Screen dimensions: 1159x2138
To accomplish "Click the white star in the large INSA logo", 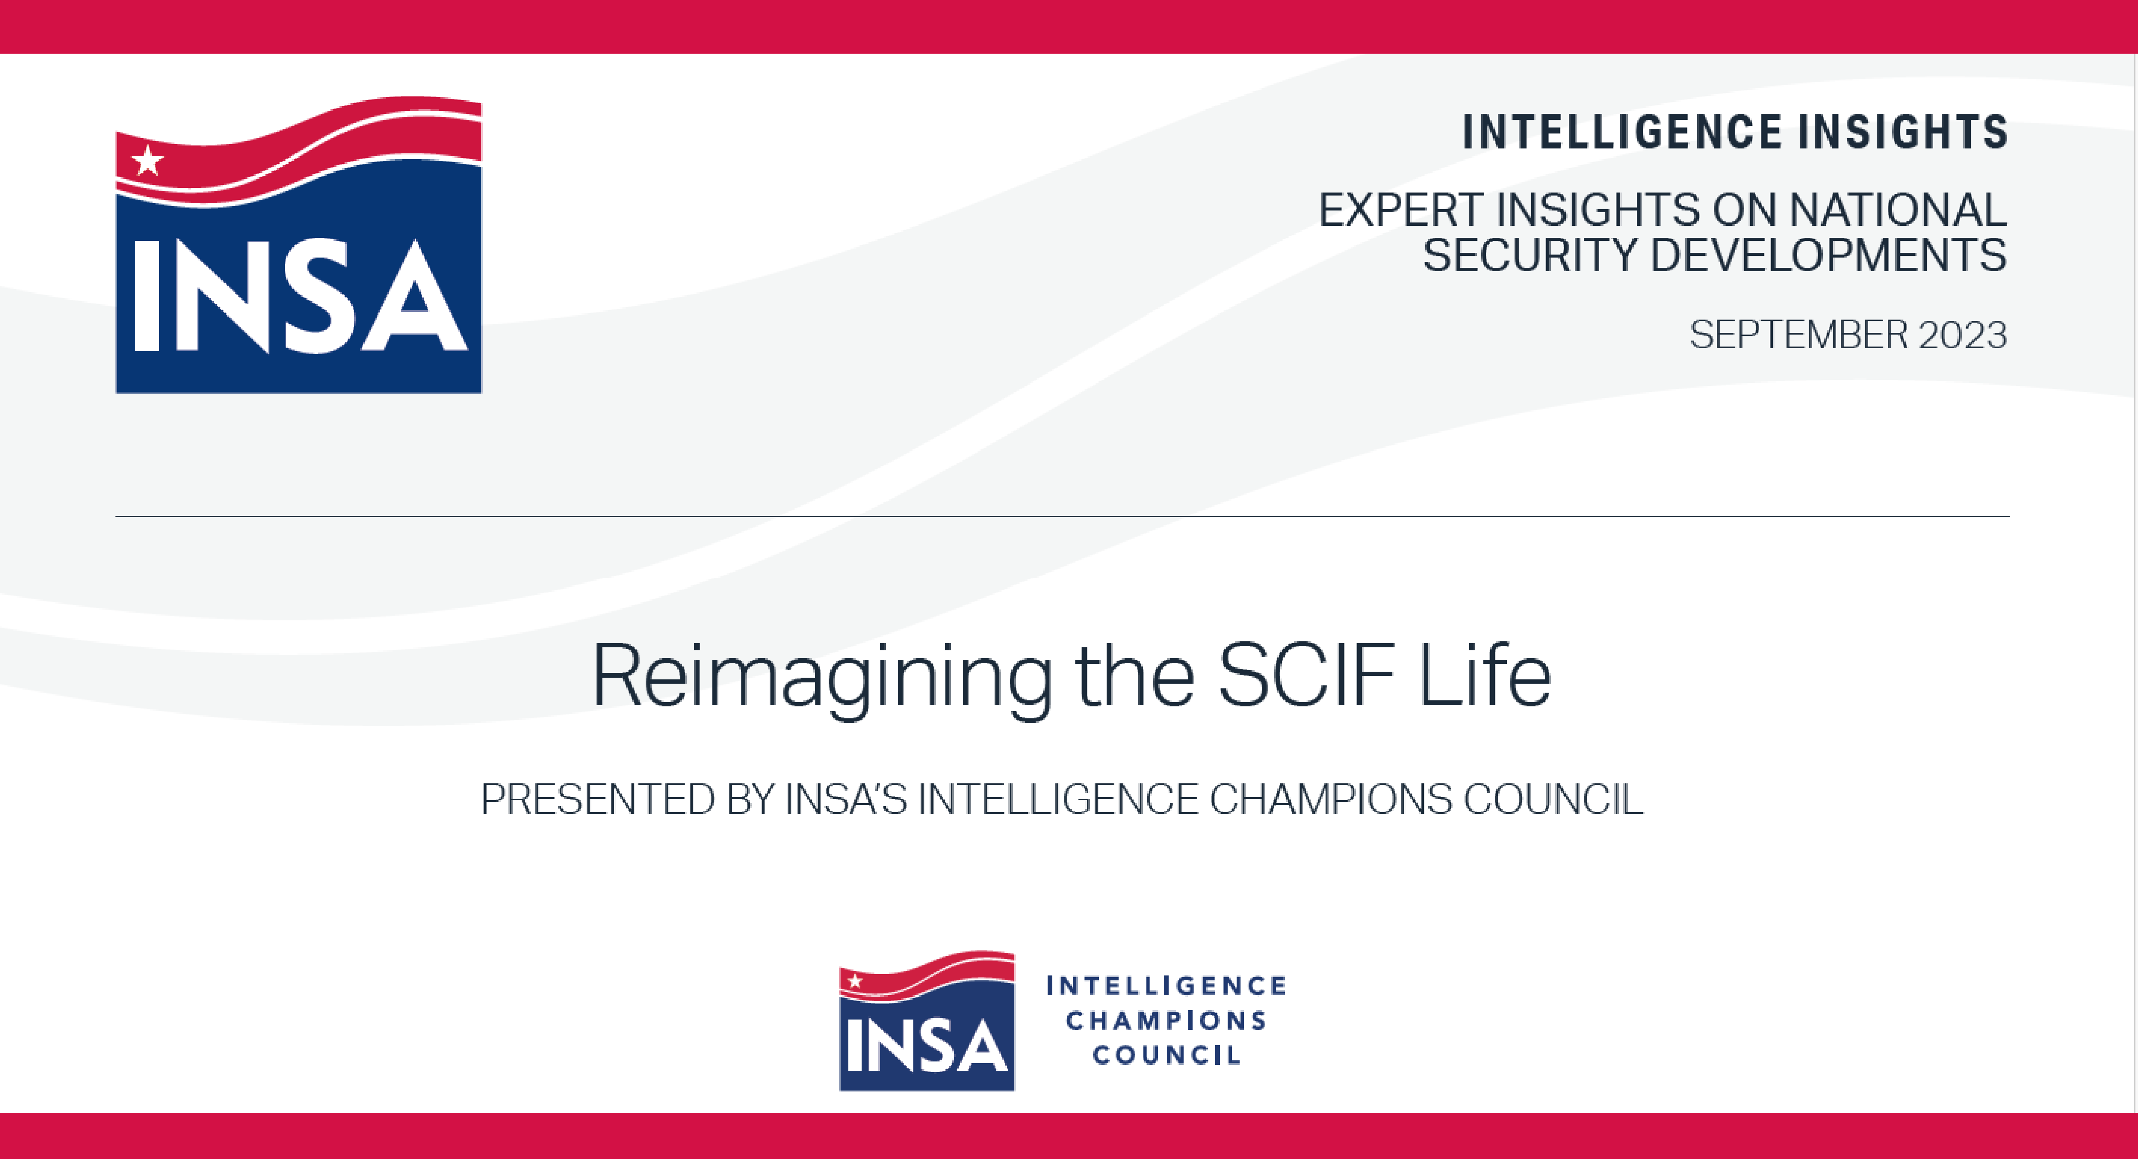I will point(148,161).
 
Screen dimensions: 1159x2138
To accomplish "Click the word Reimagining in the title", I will point(822,677).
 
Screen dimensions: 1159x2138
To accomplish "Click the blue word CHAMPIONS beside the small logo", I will point(1166,1020).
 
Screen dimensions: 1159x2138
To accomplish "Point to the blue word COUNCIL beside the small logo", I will point(1166,1055).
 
